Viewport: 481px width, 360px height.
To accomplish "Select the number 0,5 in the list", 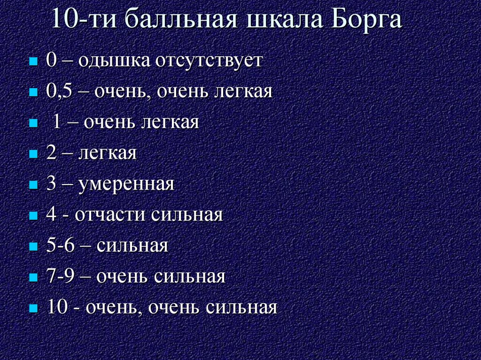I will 58,92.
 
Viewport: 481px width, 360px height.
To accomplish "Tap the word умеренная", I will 127,184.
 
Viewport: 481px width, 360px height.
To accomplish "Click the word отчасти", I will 110,215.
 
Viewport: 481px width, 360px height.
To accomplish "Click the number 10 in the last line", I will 57,307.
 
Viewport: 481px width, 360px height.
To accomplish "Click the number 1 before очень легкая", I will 56,123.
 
